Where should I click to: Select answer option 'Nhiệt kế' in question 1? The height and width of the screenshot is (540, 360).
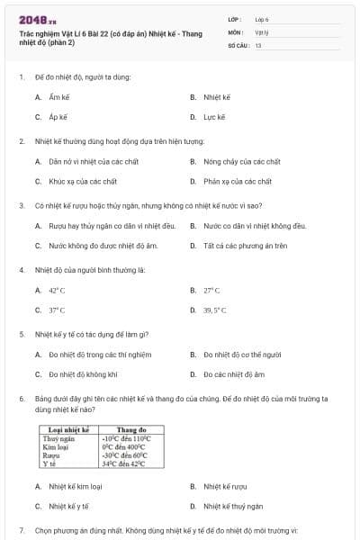[217, 96]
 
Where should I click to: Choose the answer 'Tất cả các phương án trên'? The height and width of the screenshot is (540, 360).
[245, 245]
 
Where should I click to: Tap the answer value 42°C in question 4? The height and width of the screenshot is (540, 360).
[57, 291]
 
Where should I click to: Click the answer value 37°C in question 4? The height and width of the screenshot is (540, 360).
[57, 310]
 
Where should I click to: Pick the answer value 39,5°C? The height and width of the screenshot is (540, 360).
[214, 310]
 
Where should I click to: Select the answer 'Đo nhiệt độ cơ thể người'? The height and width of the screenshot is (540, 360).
[241, 355]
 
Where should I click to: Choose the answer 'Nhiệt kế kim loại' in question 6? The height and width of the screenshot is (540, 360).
[75, 486]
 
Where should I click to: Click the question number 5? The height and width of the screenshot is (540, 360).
[21, 335]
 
